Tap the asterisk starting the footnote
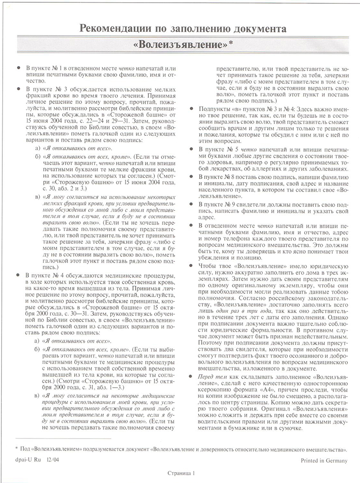16,448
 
